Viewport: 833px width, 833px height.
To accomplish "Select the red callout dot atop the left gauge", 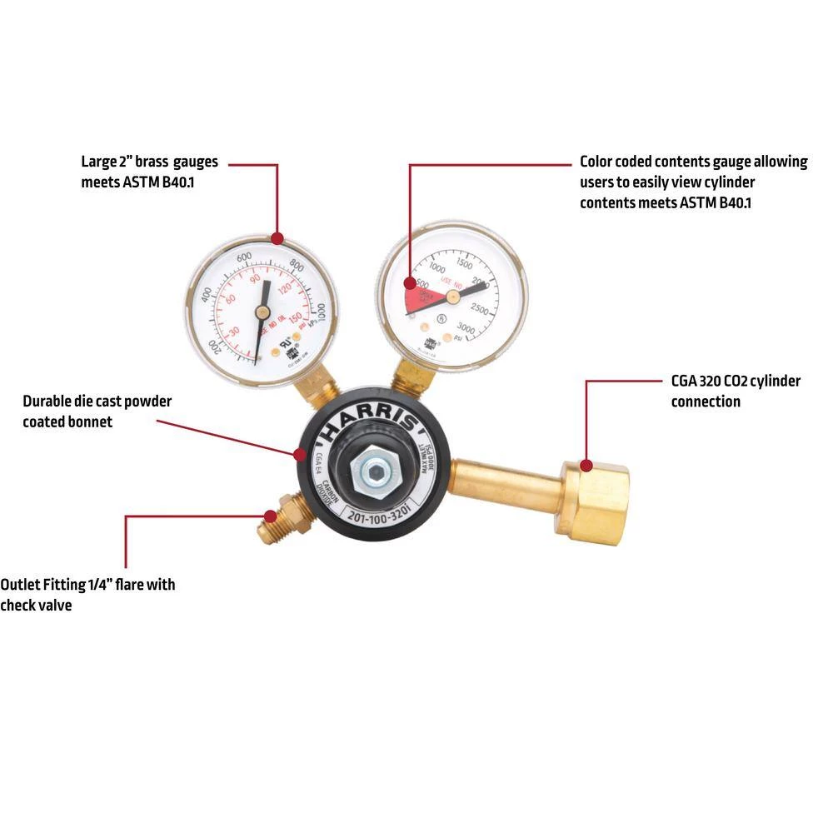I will point(277,239).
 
